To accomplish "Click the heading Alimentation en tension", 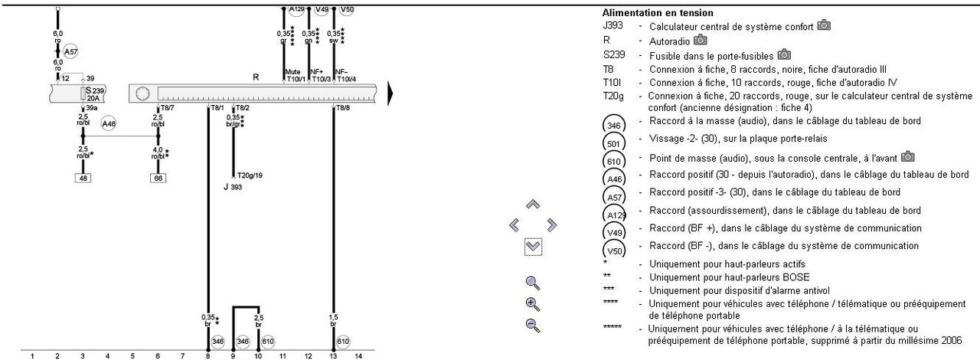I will pos(658,13).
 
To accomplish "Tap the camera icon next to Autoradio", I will pos(701,40).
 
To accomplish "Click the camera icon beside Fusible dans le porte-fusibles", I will pos(784,54).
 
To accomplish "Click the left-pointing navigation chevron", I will pos(514,225).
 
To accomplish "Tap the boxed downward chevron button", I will pos(534,247).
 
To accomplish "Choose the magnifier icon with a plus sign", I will pos(534,303).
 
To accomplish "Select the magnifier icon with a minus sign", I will pos(534,325).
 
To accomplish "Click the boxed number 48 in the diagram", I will pos(83,178).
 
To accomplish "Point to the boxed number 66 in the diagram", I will pos(158,178).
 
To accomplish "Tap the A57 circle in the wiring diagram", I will pos(70,52).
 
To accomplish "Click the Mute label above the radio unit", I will pos(292,71).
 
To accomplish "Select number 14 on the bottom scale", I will pos(358,355).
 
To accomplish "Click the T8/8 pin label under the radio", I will pos(342,108).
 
